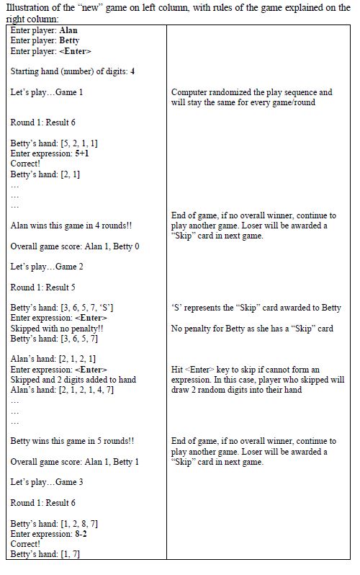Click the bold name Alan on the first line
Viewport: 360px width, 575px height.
click(x=68, y=31)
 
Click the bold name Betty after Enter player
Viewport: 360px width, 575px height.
click(x=70, y=41)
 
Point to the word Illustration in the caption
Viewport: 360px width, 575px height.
click(x=26, y=7)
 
